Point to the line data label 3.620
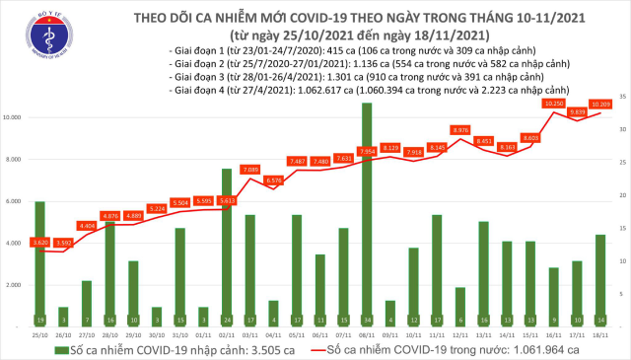point(39,242)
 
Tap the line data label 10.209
point(599,103)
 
